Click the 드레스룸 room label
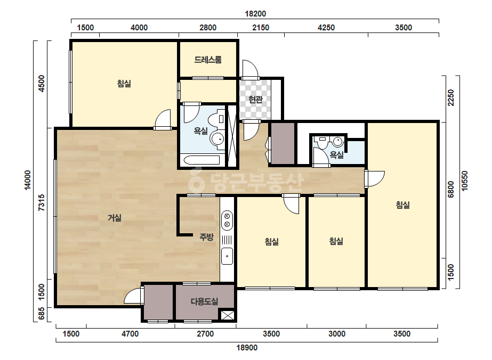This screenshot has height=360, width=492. click(x=208, y=60)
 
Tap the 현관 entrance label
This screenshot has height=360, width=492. click(x=255, y=100)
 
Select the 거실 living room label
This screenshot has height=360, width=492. click(x=115, y=218)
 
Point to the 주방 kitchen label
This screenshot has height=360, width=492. click(x=207, y=237)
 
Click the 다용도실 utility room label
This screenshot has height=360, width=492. click(x=204, y=301)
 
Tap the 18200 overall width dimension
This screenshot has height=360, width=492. click(x=255, y=14)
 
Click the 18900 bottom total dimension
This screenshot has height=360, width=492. click(x=247, y=347)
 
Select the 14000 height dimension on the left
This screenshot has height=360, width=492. click(x=28, y=180)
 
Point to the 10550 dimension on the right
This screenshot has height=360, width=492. click(x=465, y=181)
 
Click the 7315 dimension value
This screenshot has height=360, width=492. click(x=42, y=202)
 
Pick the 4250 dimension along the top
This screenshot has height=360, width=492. click(x=326, y=28)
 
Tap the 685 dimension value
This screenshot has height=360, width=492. click(x=42, y=314)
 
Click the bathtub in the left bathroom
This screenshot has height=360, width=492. click(x=201, y=160)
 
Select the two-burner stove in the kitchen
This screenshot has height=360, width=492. click(x=227, y=220)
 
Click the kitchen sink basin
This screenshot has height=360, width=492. click(x=227, y=256)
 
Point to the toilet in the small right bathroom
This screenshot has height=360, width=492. click(x=322, y=143)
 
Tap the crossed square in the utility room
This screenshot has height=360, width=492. click(x=227, y=315)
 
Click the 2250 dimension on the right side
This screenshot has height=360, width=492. click(x=451, y=98)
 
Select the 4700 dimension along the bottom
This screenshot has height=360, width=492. click(x=130, y=334)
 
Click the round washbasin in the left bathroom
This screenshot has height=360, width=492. click(x=217, y=138)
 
